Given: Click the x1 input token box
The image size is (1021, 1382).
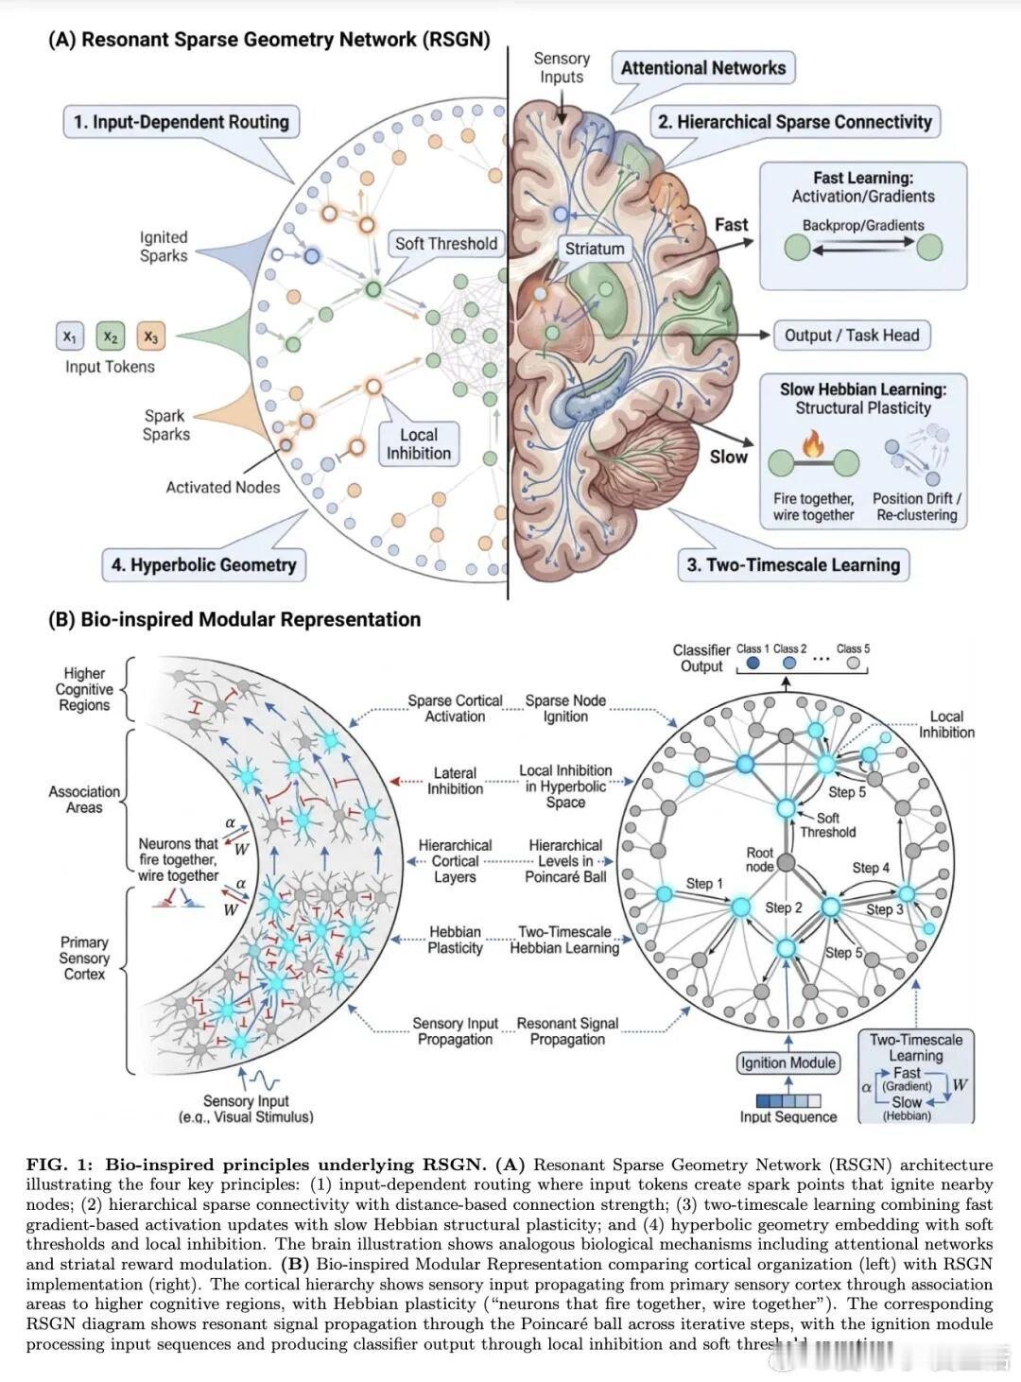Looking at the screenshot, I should (70, 336).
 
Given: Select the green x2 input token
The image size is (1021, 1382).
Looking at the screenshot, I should (110, 336).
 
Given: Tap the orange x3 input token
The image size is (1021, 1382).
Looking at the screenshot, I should (150, 336).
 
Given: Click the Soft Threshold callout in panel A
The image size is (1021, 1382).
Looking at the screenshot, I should (445, 244).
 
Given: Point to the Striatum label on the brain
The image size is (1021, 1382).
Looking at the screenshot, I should (595, 249).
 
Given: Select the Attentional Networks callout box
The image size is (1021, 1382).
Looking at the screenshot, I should (703, 68).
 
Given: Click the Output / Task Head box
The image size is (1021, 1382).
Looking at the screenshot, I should (851, 336).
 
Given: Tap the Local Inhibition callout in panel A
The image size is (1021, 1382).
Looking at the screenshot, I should (419, 444).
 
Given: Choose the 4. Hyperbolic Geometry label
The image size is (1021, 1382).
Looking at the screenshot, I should (203, 565).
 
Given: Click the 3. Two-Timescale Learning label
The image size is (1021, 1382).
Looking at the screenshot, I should (792, 565).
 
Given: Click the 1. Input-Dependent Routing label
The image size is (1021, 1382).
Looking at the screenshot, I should (182, 122).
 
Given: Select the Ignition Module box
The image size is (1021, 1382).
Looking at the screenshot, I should (788, 1062).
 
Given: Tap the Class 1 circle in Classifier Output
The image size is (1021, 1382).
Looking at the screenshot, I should (753, 664).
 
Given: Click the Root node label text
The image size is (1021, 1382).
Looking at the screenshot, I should (760, 859).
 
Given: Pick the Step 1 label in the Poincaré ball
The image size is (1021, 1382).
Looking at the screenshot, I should (704, 883).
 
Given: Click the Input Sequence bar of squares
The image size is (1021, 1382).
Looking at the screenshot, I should (787, 1099).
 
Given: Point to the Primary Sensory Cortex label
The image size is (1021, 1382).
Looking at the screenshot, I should (84, 958).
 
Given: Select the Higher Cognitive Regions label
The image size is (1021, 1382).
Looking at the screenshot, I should (84, 689).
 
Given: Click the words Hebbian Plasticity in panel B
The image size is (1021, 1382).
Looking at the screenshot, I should (455, 940).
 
